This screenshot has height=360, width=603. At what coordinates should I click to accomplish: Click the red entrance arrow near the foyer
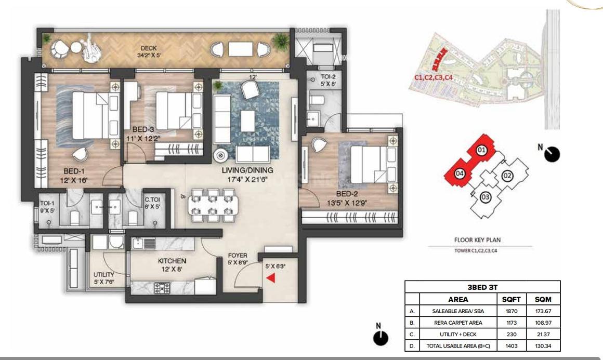[271, 278]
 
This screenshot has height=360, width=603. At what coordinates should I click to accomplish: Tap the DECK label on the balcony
[149, 48]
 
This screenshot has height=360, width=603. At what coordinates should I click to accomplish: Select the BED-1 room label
[74, 171]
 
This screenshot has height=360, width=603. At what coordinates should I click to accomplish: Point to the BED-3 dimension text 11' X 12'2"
[143, 138]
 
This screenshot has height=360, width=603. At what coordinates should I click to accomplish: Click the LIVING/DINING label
[247, 170]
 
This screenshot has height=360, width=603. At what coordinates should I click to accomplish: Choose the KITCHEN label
[172, 261]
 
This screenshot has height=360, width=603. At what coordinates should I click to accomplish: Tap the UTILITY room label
[104, 275]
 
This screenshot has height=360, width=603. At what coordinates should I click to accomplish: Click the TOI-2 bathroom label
[328, 77]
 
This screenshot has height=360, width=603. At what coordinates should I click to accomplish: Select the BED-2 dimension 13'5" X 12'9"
[347, 203]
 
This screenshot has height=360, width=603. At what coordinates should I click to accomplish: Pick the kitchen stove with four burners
[162, 288]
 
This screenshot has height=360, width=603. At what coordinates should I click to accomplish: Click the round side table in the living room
[221, 155]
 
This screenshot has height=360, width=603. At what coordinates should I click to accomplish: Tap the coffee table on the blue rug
[247, 121]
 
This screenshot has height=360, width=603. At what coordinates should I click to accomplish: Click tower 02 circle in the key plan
[507, 176]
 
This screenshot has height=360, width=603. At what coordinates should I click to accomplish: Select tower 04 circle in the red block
[460, 174]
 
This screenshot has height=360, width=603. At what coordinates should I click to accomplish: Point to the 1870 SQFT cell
[512, 311]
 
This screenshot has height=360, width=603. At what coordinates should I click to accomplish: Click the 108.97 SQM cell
[543, 323]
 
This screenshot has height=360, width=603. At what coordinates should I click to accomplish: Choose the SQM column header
[543, 299]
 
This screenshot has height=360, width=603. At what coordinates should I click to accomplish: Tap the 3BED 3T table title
[482, 287]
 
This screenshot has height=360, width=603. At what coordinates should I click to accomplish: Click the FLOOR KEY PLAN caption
[477, 240]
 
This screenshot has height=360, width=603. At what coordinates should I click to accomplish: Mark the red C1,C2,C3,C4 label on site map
[434, 77]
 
